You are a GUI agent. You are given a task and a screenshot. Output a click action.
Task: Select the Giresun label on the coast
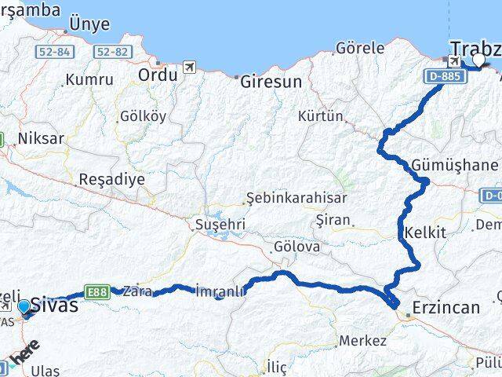271,81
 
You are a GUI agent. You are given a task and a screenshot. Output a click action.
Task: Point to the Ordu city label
158,75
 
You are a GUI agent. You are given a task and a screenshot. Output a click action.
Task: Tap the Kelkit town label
426,232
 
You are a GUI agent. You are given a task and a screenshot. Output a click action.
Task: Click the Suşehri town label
220,225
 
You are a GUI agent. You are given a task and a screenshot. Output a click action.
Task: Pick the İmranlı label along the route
220,291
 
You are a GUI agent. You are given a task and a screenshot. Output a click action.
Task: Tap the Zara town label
137,288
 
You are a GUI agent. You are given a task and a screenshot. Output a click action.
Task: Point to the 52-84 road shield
53,52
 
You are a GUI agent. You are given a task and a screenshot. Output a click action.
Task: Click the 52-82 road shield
111,52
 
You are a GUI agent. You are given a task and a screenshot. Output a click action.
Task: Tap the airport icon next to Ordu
189,68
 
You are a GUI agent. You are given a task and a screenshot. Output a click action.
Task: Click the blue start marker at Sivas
24,307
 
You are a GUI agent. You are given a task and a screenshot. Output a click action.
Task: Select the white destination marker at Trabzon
478,58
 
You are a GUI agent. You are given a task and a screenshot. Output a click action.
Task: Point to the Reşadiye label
111,179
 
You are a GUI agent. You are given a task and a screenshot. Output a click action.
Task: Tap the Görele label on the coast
360,48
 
